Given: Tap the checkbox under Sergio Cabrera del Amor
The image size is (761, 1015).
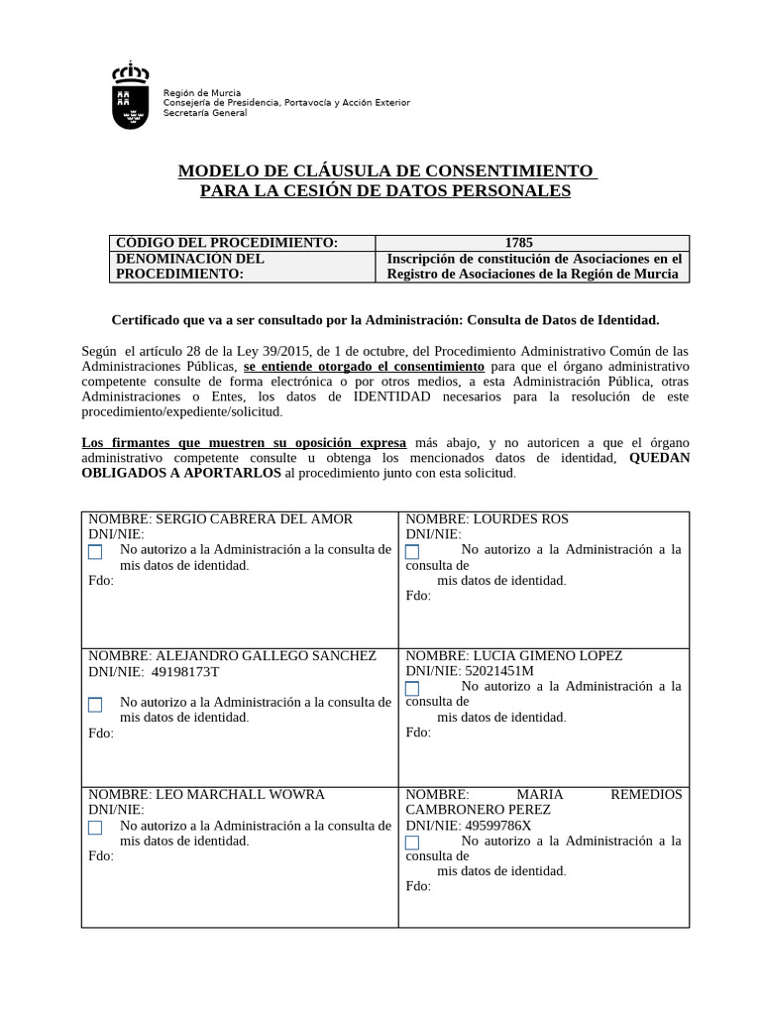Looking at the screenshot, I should [x=95, y=551].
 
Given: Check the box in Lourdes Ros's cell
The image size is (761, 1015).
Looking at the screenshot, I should [x=412, y=551].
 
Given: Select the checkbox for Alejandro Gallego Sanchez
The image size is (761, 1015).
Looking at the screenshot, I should [x=95, y=705].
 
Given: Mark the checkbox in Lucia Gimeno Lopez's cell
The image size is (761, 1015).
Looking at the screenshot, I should [x=412, y=688].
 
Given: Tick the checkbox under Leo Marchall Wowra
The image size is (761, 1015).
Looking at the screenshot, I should [x=95, y=827].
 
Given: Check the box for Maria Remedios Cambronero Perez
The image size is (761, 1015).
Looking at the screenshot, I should [x=412, y=843].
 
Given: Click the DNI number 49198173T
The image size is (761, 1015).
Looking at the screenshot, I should [x=185, y=671].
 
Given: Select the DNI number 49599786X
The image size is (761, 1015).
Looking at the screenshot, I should [x=497, y=825].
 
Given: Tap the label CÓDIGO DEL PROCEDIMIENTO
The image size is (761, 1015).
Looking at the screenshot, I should [x=227, y=243].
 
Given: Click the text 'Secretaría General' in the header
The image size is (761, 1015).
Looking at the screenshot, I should [x=205, y=113].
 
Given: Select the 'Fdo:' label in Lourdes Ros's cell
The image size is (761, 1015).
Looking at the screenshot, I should [x=418, y=596].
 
